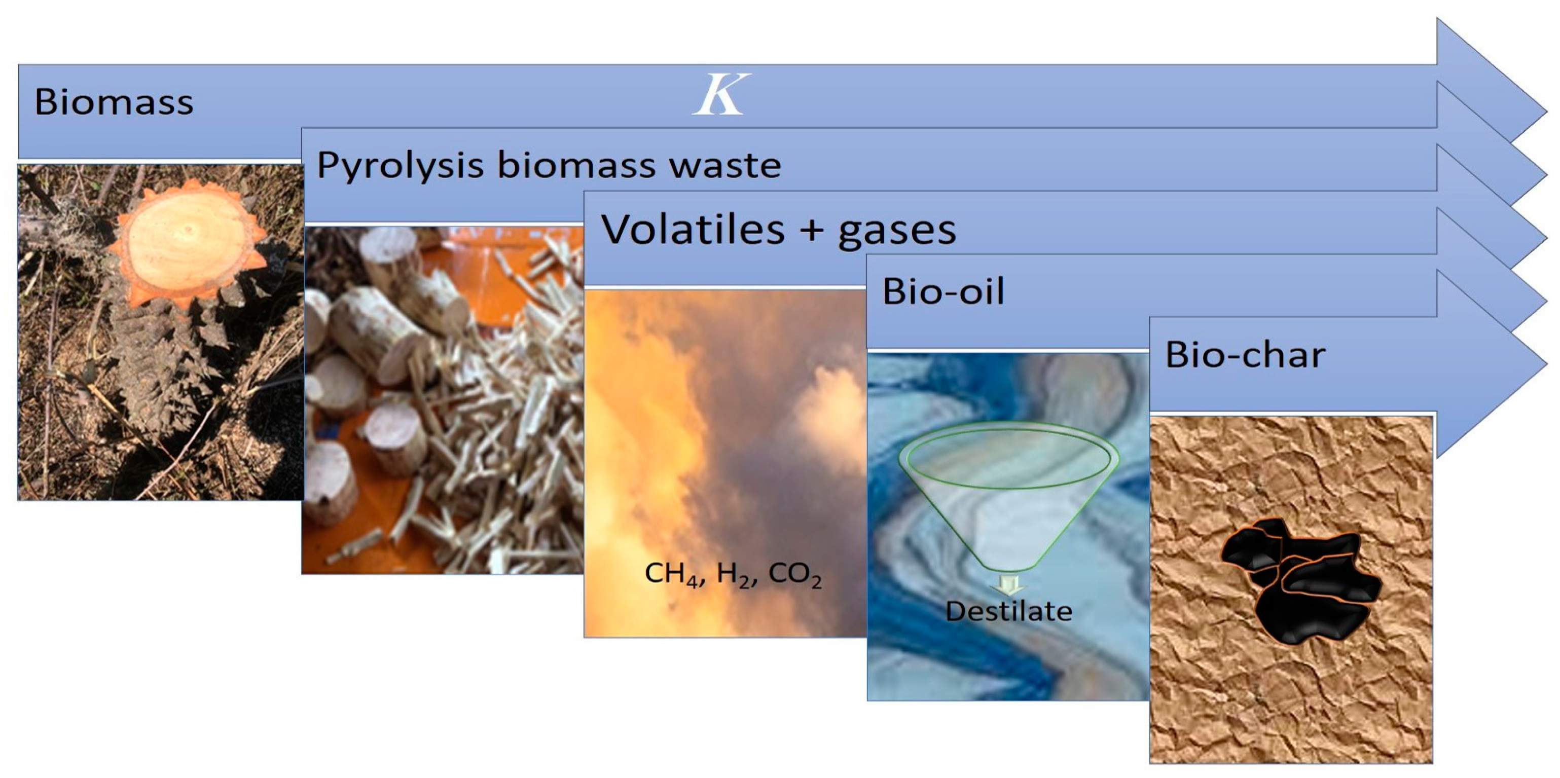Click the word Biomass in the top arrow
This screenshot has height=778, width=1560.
coord(114,102)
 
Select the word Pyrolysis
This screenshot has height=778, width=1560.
coord(400,165)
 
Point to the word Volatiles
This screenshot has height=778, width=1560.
coord(693,230)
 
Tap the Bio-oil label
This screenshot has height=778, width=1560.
coord(944,291)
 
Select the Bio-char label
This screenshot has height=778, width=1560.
coord(1245,354)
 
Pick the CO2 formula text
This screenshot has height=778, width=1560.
coord(794,574)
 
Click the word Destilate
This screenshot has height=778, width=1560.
coord(1009,611)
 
